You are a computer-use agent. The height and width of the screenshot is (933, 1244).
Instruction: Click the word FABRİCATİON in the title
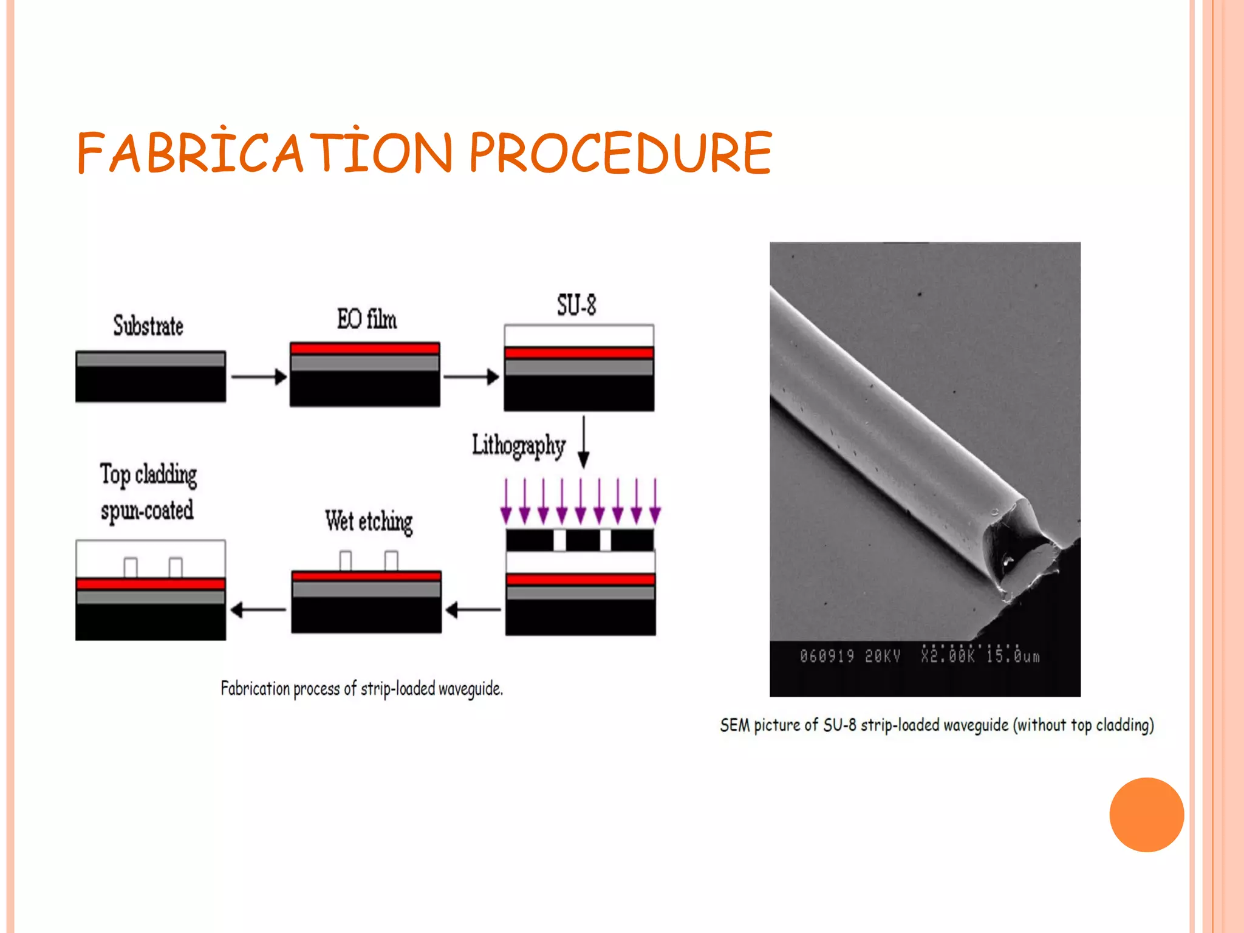click(265, 153)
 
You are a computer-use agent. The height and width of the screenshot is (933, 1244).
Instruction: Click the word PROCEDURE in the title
click(620, 153)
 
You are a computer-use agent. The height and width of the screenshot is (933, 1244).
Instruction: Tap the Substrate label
click(148, 326)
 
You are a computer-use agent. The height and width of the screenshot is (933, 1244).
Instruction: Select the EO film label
click(367, 320)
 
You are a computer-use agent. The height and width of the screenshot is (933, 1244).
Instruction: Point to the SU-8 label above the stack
click(576, 305)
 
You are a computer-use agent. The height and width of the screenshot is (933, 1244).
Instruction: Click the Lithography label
click(519, 445)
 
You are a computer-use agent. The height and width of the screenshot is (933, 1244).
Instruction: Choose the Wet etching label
click(369, 521)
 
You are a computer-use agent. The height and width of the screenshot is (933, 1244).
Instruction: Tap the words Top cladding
click(148, 474)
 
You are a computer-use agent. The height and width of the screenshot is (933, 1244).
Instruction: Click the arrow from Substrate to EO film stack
click(258, 377)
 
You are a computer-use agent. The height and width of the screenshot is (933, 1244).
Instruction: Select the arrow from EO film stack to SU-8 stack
click(471, 377)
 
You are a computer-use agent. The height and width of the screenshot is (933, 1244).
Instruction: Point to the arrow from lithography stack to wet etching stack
click(473, 609)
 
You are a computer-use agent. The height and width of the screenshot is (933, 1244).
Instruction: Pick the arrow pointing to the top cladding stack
click(258, 609)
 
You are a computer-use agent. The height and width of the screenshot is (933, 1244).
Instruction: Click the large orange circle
click(1146, 815)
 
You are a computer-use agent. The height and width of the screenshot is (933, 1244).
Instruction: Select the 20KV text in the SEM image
click(882, 657)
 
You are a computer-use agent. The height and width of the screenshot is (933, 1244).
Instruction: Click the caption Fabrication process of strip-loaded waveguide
click(361, 689)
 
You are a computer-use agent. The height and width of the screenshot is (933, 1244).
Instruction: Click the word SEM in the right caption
click(734, 725)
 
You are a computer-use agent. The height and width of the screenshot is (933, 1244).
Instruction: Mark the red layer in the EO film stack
click(364, 349)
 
